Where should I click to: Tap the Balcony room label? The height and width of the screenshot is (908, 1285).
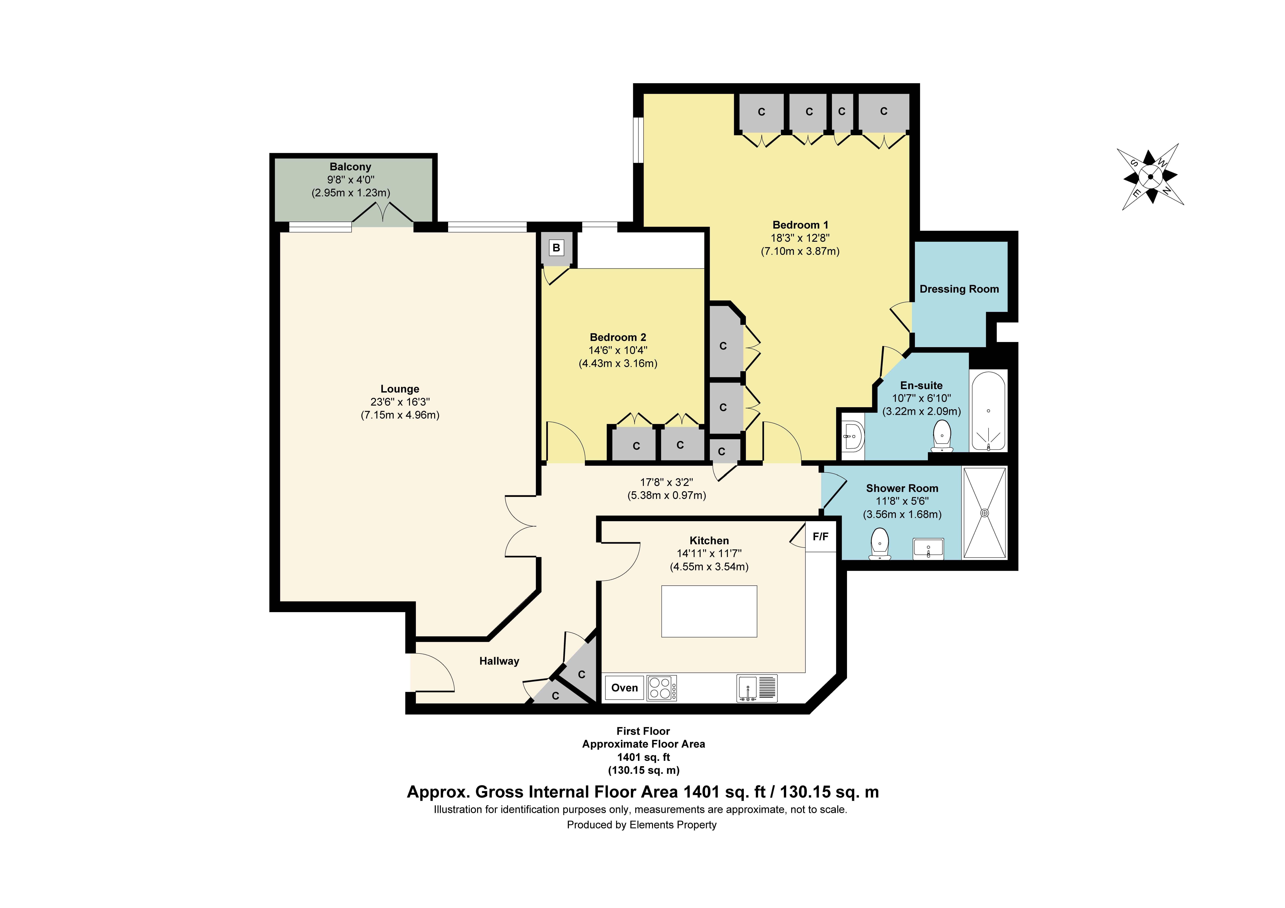click(350, 167)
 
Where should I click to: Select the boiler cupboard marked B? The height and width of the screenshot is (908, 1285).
click(556, 248)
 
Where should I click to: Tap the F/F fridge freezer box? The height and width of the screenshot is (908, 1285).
click(820, 537)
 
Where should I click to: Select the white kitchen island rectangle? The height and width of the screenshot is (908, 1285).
click(709, 612)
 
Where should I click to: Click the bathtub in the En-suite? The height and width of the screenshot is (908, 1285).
click(988, 411)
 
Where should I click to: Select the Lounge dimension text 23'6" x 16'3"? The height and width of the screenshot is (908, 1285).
click(400, 402)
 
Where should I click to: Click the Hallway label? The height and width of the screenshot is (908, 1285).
click(499, 661)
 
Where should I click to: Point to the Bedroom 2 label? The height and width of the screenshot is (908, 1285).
click(618, 337)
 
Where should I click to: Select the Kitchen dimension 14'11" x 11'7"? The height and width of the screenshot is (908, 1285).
click(709, 553)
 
